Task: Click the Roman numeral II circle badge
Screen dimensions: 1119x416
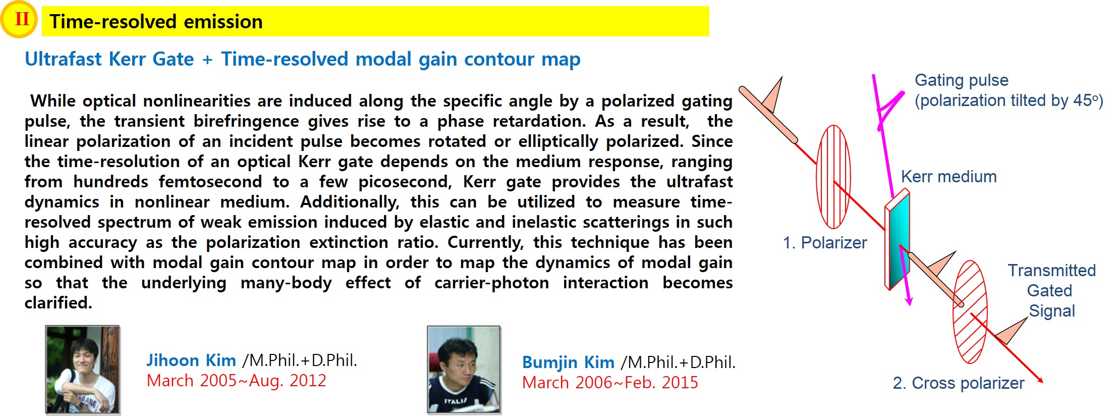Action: pos(20,20)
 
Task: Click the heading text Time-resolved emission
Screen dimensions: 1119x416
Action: pos(156,22)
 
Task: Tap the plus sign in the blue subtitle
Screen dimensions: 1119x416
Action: pos(207,60)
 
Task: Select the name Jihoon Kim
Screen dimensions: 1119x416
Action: pos(191,360)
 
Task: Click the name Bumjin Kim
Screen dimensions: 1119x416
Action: pos(568,362)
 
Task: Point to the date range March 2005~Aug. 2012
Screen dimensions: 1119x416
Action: pos(237,380)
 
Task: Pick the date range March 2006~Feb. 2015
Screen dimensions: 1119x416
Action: pos(610,382)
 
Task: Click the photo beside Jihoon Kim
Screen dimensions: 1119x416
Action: pos(83,370)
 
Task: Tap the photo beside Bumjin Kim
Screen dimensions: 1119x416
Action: pos(464,370)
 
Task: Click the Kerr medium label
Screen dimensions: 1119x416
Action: pos(948,177)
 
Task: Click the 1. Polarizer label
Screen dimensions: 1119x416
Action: pos(824,243)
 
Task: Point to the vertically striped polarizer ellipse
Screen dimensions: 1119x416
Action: pos(833,177)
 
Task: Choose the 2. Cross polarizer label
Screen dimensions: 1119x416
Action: pos(959,383)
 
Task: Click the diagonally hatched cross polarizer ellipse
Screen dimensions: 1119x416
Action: pos(970,311)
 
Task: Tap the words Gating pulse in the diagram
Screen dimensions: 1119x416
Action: pos(962,80)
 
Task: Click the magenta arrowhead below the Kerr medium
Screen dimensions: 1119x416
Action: pos(909,299)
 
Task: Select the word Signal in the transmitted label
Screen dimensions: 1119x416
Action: pos(1052,311)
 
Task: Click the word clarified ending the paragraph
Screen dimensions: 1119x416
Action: pos(58,303)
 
